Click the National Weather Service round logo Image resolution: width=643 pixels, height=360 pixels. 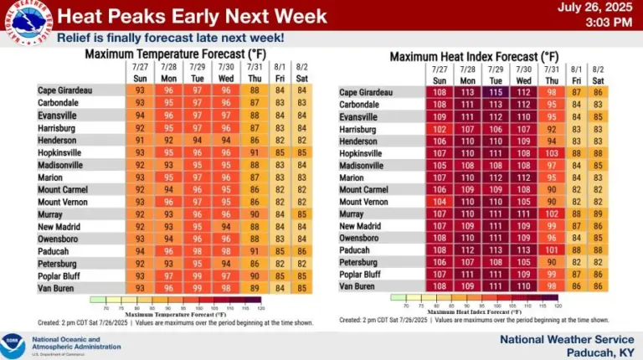[x=26, y=21]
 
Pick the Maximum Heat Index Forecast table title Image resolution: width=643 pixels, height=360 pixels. [x=473, y=56]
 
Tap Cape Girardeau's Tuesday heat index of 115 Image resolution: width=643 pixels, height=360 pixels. [x=496, y=93]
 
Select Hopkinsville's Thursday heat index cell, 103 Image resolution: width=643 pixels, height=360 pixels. [x=551, y=154]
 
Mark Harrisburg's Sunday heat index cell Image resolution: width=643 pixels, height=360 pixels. [x=440, y=130]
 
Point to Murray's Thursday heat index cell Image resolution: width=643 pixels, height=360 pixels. [x=551, y=214]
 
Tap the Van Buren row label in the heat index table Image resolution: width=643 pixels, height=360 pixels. [x=358, y=286]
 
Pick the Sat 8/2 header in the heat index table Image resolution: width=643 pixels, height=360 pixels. [x=598, y=74]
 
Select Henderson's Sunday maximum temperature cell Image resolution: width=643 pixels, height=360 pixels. [x=141, y=141]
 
